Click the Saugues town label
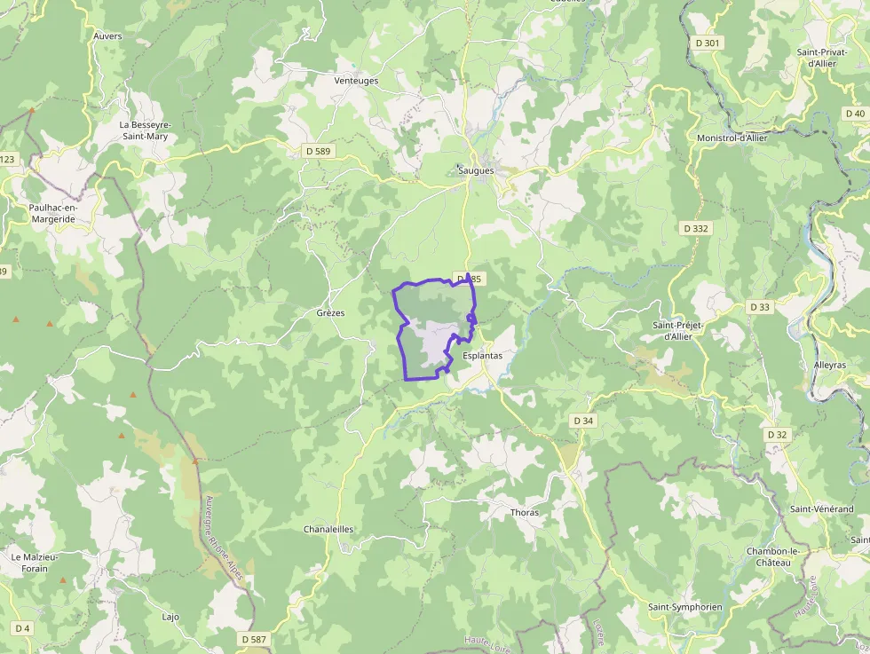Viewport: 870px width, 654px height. pyautogui.click(x=478, y=169)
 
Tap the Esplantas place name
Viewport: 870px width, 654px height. pyautogui.click(x=483, y=356)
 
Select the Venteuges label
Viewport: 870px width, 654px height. pyautogui.click(x=356, y=81)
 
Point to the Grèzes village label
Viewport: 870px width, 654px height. pyautogui.click(x=330, y=313)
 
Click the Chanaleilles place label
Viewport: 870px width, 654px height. pyautogui.click(x=328, y=529)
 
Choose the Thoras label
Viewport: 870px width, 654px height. pyautogui.click(x=525, y=513)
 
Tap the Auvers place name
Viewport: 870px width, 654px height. pyautogui.click(x=107, y=36)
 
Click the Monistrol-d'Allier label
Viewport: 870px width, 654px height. pyautogui.click(x=732, y=138)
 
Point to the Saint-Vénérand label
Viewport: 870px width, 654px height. pyautogui.click(x=822, y=509)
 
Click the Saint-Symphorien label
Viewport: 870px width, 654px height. pyautogui.click(x=684, y=607)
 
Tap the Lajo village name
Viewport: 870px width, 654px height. pyautogui.click(x=170, y=616)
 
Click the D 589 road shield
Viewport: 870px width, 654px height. pyautogui.click(x=316, y=151)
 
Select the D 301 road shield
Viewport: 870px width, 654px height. pyautogui.click(x=708, y=43)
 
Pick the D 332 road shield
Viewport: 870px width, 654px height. pyautogui.click(x=696, y=228)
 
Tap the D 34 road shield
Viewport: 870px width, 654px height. pyautogui.click(x=583, y=420)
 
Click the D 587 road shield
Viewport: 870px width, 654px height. pyautogui.click(x=253, y=639)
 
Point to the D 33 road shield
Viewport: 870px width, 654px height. pyautogui.click(x=759, y=307)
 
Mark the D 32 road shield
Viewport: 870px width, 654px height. pyautogui.click(x=777, y=435)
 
